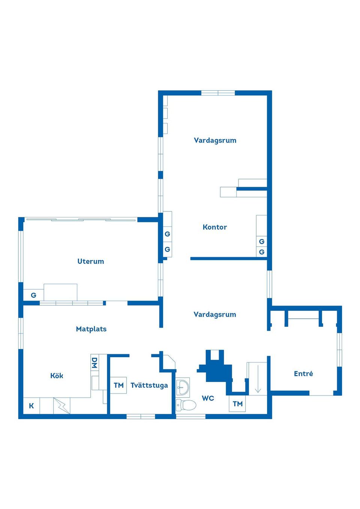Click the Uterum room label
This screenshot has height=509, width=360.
tap(90, 261)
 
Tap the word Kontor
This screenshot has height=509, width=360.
tap(214, 227)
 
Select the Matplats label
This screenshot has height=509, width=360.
tap(91, 329)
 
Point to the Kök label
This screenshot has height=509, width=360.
tap(57, 376)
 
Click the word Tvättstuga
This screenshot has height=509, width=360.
tap(149, 385)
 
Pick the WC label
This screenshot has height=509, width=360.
tap(208, 398)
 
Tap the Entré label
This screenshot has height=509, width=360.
tap(303, 373)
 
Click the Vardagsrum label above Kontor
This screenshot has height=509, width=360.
tap(215, 140)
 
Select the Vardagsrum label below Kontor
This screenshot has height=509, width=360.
tap(214, 314)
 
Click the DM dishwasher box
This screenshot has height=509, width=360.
tap(94, 363)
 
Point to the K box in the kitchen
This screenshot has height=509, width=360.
tap(31, 406)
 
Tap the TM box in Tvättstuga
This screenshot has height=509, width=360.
tap(118, 385)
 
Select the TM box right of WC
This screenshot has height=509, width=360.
tap(237, 404)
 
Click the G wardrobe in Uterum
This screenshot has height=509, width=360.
tap(33, 295)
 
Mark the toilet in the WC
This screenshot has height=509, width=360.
tap(186, 405)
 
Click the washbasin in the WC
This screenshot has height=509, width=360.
tap(183, 386)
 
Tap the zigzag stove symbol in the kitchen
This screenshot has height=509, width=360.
tap(62, 406)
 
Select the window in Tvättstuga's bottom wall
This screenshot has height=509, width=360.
tap(141, 416)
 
